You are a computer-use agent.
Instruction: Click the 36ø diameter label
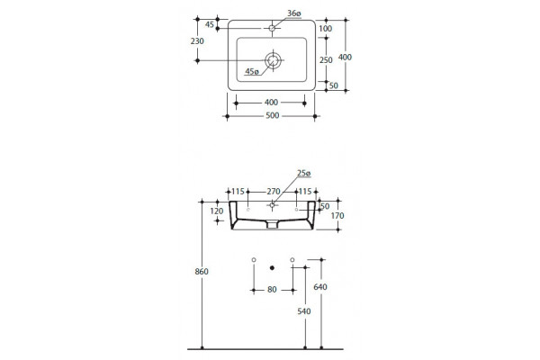pos(294,13)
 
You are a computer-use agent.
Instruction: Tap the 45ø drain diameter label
pos(252,71)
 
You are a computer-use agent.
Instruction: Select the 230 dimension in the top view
pos(197,41)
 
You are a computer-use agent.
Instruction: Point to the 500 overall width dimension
pos(273,115)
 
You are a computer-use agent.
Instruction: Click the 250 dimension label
pos(326,60)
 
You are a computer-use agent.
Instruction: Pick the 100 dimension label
pos(326,29)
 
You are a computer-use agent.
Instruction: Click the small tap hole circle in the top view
pos(272,28)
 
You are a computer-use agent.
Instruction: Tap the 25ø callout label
pos(304,174)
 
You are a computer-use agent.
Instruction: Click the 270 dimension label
pos(274,192)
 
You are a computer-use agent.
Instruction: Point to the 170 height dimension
pos(337,216)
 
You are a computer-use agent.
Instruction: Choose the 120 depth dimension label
pos(217,211)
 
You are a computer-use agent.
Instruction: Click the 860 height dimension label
pos(202,272)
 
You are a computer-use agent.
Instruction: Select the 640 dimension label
pos(320,286)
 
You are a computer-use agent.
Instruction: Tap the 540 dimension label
pos(304,311)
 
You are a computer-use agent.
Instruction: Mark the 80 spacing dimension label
pos(272,290)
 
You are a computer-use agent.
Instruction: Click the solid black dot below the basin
pos(272,267)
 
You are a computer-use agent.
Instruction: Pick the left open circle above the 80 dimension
pos(254,260)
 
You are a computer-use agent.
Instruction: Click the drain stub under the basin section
pos(273,225)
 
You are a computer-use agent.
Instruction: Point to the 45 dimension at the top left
pos(210,24)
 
